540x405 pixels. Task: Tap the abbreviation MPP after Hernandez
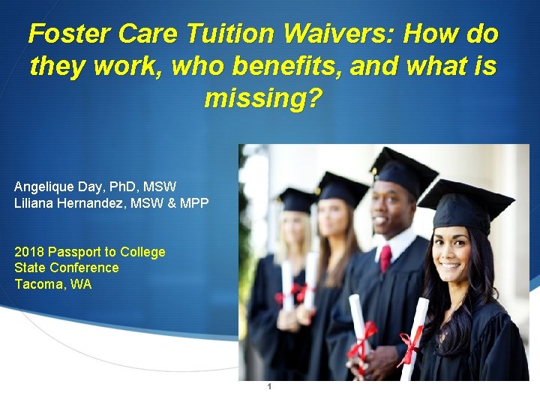[194, 203]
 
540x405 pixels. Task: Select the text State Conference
[66, 268]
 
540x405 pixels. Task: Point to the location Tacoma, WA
[52, 284]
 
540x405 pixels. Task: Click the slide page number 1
[269, 387]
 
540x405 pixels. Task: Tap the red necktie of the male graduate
[385, 258]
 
